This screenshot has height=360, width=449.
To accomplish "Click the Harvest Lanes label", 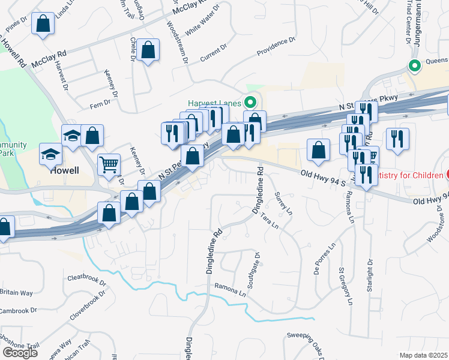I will tap(213, 103).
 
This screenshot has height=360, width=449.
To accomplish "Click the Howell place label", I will tap(65, 170).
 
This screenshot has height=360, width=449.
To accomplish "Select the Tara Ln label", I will tap(270, 223).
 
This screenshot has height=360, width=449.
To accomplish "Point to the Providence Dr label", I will tap(276, 47).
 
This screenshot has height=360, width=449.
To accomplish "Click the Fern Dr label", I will tap(100, 103).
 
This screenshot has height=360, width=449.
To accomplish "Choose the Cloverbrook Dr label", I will tap(88, 305).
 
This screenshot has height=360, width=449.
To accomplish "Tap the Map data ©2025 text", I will tap(424, 355).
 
